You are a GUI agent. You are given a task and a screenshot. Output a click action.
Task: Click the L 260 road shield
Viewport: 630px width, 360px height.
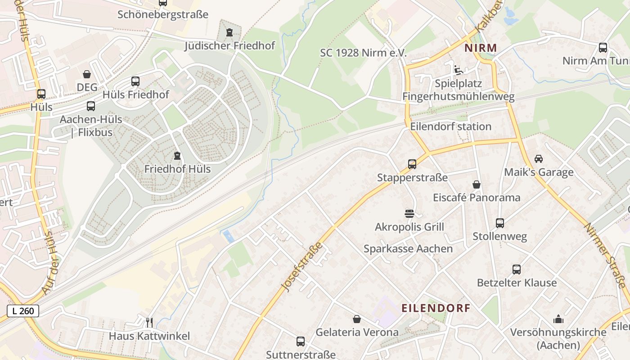[x=23, y=310]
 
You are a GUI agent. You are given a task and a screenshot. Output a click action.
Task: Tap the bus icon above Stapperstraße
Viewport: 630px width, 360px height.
[x=412, y=164]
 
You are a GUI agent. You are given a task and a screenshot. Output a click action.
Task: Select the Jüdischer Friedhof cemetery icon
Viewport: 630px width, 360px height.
[x=229, y=32]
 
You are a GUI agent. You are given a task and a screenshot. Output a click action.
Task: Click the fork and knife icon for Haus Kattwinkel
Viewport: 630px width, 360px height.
[x=149, y=322]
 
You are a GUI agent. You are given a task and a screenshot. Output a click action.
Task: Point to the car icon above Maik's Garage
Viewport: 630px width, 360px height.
[x=538, y=159]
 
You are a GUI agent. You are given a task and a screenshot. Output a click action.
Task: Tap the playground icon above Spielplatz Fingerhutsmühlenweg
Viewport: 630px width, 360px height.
[x=458, y=70]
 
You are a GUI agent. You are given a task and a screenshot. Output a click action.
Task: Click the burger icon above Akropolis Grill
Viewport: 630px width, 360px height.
[x=409, y=213]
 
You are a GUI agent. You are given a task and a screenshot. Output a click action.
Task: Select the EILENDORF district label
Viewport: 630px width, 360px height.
[x=436, y=308]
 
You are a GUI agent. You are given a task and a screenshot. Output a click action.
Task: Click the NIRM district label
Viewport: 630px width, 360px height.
[x=481, y=48]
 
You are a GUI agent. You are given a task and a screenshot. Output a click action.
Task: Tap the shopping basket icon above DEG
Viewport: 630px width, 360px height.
[x=87, y=74]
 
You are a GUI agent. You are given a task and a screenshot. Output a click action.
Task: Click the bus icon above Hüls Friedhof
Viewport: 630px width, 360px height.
[x=135, y=81]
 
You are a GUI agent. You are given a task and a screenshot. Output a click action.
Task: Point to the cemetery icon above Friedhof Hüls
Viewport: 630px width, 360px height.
[x=177, y=156]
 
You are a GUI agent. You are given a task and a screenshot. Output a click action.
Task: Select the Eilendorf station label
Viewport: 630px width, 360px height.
[x=450, y=126]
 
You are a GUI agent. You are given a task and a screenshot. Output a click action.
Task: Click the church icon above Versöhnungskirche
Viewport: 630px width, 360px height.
[x=558, y=319]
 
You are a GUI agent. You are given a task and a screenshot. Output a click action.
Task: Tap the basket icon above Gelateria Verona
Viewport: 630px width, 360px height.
[x=357, y=319]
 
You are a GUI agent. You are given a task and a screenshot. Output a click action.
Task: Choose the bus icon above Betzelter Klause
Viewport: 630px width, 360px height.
[x=517, y=270]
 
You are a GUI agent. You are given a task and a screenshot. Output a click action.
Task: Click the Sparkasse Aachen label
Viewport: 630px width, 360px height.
[x=408, y=249]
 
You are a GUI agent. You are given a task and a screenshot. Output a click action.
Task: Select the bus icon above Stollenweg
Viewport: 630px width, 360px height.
[x=499, y=223]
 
